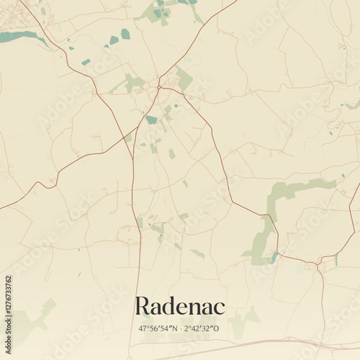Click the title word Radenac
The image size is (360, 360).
(180, 306)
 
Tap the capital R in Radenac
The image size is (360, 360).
(143, 306)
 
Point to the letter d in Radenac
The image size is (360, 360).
(171, 306)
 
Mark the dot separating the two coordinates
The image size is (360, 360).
(181, 328)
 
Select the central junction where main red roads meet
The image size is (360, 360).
(159, 88)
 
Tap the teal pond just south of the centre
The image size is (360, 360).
(151, 120)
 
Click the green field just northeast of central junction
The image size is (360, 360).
(184, 78)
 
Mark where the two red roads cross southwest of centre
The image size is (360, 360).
(134, 157)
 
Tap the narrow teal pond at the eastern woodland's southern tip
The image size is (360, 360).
(274, 256)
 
